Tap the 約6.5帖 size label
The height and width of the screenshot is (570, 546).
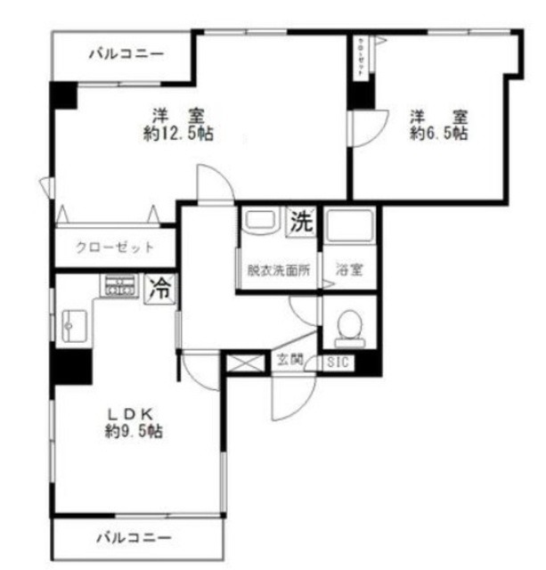[x=438, y=134]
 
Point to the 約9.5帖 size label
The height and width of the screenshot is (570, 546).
[x=133, y=432]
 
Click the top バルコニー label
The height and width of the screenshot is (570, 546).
[x=126, y=54]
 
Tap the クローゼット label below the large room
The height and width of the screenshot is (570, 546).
[x=115, y=248]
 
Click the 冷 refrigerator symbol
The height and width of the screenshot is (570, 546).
[x=160, y=287]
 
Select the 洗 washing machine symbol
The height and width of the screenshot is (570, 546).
[x=300, y=222]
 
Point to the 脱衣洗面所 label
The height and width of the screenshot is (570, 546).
[x=278, y=272]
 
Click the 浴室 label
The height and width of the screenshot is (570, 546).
[x=347, y=272]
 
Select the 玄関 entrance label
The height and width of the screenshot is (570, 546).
[x=289, y=361]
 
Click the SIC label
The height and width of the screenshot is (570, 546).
[x=338, y=362]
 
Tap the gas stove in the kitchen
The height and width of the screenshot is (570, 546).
[x=118, y=285]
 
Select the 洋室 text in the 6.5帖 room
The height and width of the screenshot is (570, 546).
[x=438, y=117]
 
